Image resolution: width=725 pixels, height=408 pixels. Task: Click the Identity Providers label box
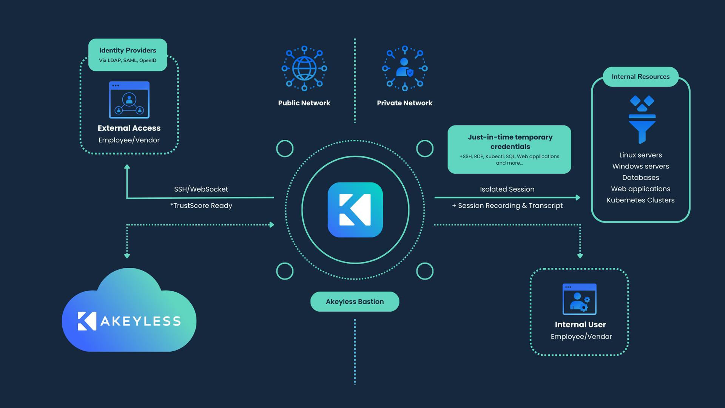pyautogui.click(x=128, y=55)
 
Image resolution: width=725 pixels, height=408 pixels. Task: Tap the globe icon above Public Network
pyautogui.click(x=304, y=68)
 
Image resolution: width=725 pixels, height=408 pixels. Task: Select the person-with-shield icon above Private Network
pyautogui.click(x=404, y=68)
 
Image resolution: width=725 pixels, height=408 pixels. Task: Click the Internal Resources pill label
pyautogui.click(x=640, y=77)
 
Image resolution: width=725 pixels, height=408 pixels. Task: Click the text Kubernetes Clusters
pyautogui.click(x=640, y=200)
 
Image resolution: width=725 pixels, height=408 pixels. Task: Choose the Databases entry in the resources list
pyautogui.click(x=640, y=178)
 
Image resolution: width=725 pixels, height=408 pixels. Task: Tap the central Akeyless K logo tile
pyautogui.click(x=355, y=210)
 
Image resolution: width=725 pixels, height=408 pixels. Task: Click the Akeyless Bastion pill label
pyautogui.click(x=355, y=301)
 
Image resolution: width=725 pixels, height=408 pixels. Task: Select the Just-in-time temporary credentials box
pyautogui.click(x=509, y=150)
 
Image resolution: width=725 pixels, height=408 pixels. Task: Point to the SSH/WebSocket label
pyautogui.click(x=201, y=189)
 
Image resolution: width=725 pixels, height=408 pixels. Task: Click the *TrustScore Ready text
pyautogui.click(x=201, y=206)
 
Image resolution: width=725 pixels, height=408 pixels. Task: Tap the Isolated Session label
pyautogui.click(x=507, y=189)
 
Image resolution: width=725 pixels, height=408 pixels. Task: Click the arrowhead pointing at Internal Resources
pyautogui.click(x=578, y=197)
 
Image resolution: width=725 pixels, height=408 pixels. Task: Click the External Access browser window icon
pyautogui.click(x=129, y=100)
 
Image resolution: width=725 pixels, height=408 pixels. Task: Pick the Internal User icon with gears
pyautogui.click(x=579, y=299)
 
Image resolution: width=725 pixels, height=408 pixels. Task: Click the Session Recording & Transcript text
pyautogui.click(x=507, y=206)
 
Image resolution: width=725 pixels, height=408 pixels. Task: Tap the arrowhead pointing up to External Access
pyautogui.click(x=127, y=167)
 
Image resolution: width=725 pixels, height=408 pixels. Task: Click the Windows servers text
pyautogui.click(x=640, y=166)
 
